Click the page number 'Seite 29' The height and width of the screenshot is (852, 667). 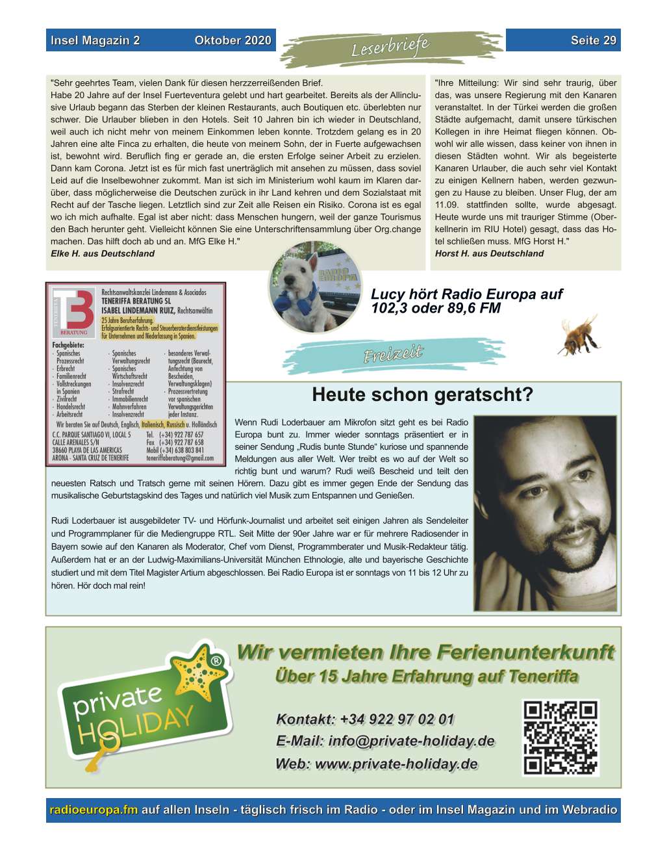(593, 40)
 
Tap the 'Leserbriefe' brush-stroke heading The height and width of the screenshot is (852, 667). (390, 47)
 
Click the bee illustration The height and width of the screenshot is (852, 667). (577, 334)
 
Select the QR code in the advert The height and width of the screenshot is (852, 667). (560, 737)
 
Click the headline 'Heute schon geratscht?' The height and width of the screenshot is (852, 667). (422, 394)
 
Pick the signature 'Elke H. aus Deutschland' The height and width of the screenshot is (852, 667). (103, 253)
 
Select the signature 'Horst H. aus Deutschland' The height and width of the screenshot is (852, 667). (489, 253)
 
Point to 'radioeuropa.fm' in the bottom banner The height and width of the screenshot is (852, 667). (94, 810)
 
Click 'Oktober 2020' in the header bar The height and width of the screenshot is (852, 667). (233, 40)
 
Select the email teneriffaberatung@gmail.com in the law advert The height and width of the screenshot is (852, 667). (180, 458)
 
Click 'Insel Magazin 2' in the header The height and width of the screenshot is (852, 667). (95, 40)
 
